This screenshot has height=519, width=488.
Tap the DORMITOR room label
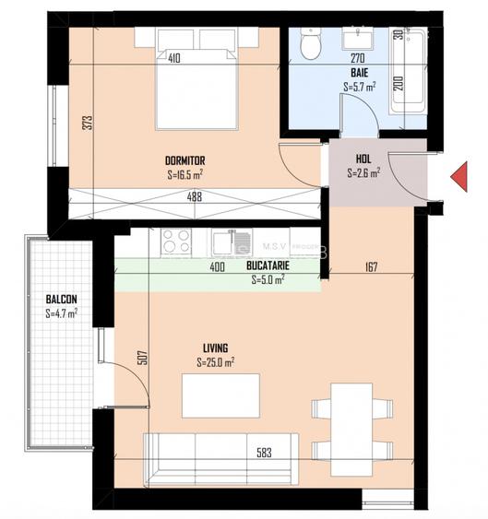coord(185,159)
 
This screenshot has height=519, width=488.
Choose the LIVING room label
coord(216,348)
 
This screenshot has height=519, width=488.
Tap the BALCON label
coord(62,300)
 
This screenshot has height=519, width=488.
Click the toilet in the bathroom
coord(311,42)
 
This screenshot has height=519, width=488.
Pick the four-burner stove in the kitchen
coord(176,242)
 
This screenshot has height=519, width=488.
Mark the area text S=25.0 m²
coord(214,362)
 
